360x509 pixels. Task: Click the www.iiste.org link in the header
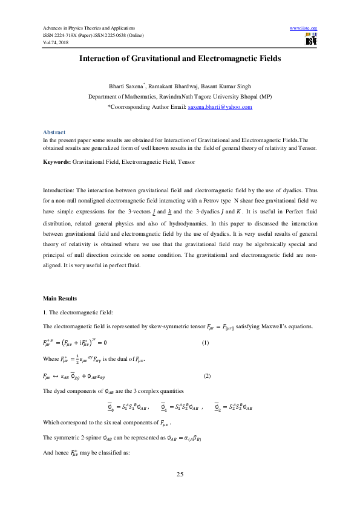(x=304, y=28)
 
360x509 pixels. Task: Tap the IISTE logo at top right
(x=311, y=39)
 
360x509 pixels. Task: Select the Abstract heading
(x=54, y=132)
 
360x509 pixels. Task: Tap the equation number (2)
(x=207, y=377)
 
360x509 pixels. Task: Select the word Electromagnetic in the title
(x=226, y=59)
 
